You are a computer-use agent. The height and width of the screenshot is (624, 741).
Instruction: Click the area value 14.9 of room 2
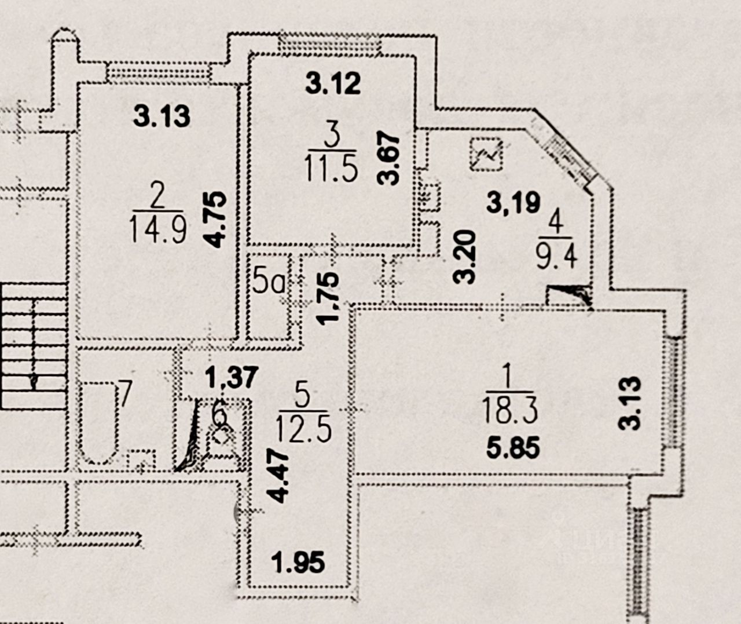(158, 229)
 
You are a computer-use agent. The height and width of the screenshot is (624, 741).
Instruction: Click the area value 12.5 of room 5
(303, 430)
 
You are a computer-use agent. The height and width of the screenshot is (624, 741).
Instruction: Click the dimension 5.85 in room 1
(513, 448)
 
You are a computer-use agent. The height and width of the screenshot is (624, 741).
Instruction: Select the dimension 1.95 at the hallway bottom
(299, 562)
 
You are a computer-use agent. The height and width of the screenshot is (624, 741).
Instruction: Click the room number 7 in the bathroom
(123, 395)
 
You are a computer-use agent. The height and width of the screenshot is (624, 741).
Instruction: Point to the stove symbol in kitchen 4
(485, 154)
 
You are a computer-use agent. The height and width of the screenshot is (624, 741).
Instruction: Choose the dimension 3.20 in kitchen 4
(465, 256)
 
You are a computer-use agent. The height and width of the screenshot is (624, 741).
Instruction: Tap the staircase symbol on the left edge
(33, 345)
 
